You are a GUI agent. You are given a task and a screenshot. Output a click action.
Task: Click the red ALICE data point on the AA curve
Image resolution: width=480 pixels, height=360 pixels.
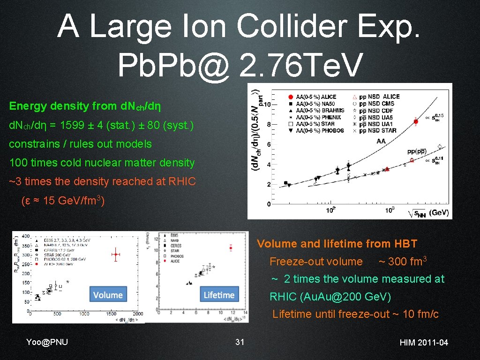tap(416, 121)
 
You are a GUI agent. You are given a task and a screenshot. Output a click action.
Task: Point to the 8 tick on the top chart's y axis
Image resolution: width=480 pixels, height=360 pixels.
tap(268, 125)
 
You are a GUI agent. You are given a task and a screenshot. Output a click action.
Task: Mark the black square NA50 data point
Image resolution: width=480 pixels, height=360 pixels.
tap(285, 183)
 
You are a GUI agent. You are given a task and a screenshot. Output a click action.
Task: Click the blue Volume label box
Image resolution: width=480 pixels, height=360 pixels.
tap(108, 295)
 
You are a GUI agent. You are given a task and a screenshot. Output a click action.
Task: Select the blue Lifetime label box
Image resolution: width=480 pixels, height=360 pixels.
tap(219, 295)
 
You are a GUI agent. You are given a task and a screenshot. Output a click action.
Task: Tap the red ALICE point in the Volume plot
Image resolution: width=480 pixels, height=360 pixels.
tap(115, 255)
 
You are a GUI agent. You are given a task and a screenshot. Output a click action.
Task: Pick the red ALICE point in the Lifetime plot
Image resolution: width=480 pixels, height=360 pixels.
tap(231, 247)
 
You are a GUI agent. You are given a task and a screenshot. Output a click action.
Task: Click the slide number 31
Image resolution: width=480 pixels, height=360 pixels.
tap(240, 342)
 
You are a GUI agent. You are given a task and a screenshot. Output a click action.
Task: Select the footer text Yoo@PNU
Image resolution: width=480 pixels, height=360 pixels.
tap(47, 342)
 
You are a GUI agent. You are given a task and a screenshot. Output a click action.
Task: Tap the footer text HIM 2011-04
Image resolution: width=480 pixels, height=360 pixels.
tap(424, 343)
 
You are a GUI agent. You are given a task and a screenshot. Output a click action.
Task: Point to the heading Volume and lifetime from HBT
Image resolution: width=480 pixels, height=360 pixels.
tap(337, 244)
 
